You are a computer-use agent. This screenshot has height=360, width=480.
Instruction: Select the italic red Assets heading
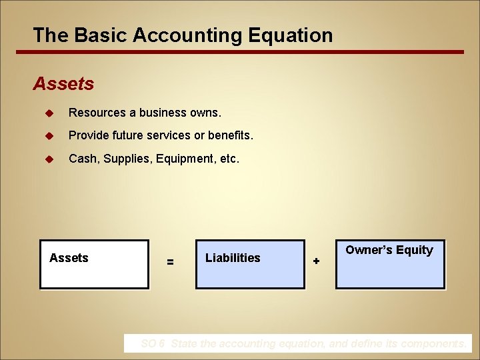point(63,84)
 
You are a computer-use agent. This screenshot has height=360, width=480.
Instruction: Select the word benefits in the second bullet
point(231,135)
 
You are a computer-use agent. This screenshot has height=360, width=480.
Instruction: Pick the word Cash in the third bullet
point(82,159)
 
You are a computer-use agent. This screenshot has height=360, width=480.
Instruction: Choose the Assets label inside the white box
point(69,258)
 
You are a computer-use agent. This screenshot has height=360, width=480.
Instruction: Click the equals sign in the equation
point(171,263)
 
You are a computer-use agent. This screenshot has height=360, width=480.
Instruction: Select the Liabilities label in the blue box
point(233,258)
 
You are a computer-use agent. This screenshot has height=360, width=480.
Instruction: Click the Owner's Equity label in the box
point(389,250)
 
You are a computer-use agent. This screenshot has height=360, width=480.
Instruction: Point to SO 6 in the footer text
point(152,344)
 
